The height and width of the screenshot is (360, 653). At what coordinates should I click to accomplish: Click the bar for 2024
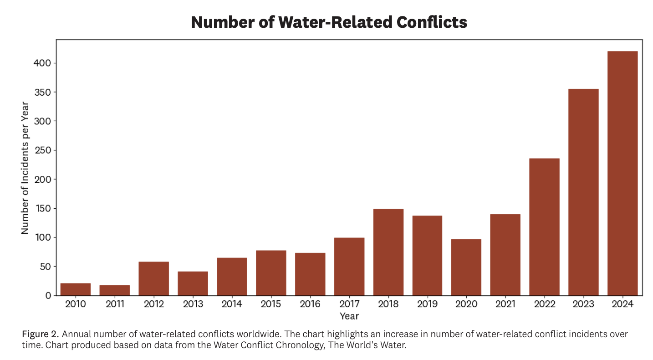[622, 173]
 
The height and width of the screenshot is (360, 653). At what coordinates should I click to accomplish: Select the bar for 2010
[76, 289]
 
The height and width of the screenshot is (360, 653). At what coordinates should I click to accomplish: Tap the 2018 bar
[388, 252]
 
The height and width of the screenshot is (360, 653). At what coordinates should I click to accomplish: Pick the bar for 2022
[544, 227]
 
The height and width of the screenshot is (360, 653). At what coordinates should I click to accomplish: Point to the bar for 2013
[193, 283]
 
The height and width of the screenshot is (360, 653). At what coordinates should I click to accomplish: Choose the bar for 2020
[466, 267]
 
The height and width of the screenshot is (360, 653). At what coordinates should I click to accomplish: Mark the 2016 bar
[310, 274]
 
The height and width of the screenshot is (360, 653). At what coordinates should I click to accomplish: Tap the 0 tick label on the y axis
[47, 296]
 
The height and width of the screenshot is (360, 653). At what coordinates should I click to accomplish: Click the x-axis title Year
[349, 316]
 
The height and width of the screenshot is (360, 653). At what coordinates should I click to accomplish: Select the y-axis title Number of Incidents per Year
[25, 167]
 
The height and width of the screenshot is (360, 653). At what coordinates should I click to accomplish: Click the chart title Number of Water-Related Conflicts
[329, 22]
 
